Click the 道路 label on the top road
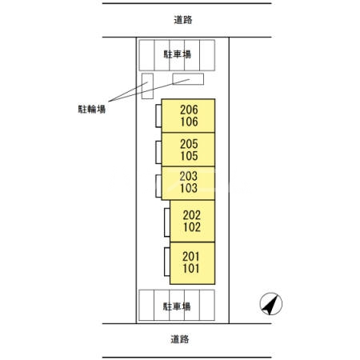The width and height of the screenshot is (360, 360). coord(183,20)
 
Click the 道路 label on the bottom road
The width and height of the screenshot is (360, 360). coord(180,339)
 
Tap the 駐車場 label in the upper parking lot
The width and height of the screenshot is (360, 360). coord(178,54)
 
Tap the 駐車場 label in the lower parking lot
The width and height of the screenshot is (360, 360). coord(177,306)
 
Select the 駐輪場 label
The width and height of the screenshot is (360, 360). coord(92,109)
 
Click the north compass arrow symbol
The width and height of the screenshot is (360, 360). coord(271,304)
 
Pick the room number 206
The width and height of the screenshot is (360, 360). coord(189,110)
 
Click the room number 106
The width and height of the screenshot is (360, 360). coord(190,122)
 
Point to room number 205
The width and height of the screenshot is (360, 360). coord(189,144)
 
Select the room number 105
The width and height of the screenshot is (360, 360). coord(190,156)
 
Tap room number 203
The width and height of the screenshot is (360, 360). coord(189,176)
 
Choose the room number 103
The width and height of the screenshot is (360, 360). coord(189,188)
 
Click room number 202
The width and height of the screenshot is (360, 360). coord(192,215)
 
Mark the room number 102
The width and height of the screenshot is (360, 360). coord(192,227)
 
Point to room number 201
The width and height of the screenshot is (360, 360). coord(191,257)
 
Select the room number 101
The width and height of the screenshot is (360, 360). coord(191,269)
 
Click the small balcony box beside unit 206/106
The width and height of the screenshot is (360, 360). coord(158,116)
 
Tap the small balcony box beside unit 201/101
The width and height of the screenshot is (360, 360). coord(167,262)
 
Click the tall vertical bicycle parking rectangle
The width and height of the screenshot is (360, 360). coord(147,86)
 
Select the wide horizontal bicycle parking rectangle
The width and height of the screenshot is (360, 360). coord(188,79)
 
